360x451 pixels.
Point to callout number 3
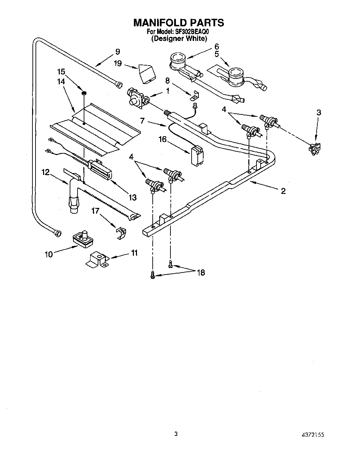point(318,112)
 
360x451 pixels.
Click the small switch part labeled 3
point(314,149)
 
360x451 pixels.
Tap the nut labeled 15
point(83,93)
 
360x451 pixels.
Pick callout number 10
point(49,254)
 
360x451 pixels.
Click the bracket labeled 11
point(97,260)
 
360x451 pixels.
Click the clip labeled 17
point(121,232)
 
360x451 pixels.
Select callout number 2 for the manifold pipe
point(283,191)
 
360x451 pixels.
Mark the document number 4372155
point(312,436)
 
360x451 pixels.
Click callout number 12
point(46,173)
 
